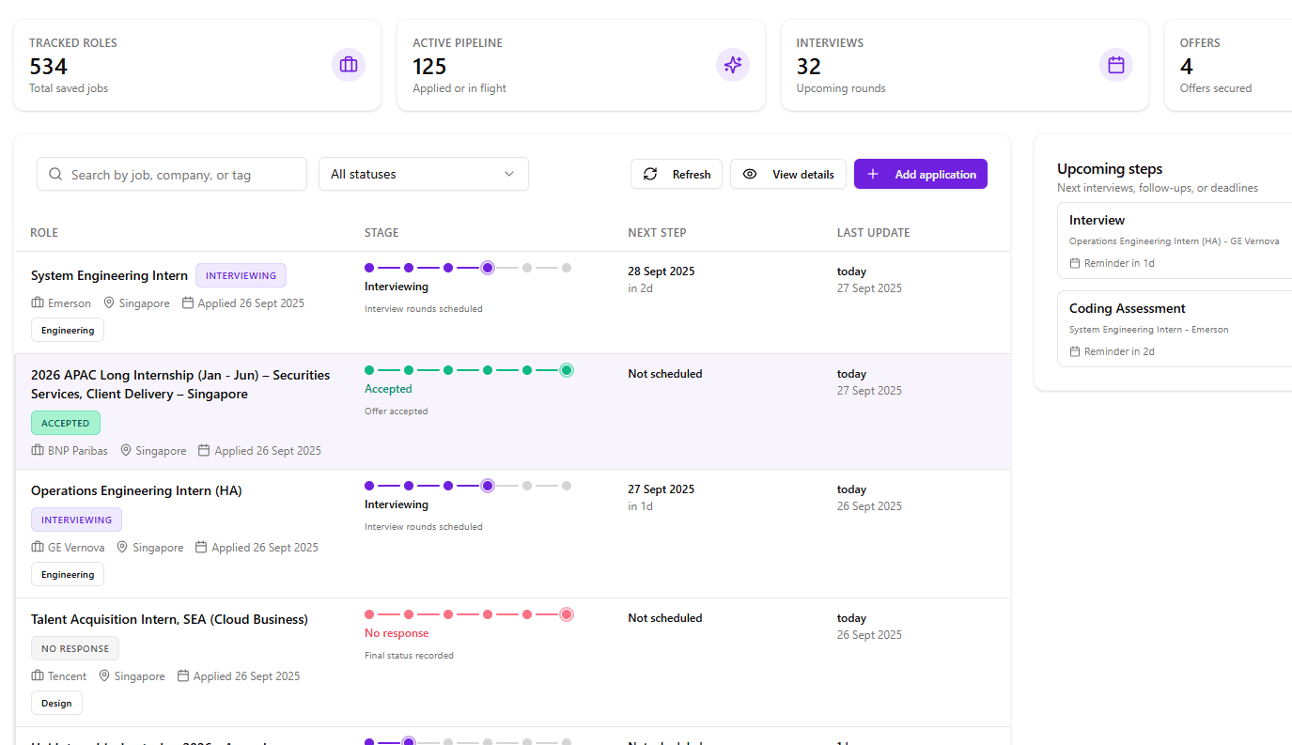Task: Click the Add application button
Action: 920,174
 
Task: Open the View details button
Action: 787,174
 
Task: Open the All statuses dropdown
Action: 423,174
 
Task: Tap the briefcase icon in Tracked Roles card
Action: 349,65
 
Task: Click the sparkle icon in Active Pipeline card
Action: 732,65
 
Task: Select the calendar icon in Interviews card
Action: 1115,65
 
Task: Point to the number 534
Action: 49,67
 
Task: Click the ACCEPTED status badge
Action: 66,423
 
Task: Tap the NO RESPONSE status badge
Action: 75,648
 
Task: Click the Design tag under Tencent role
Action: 56,703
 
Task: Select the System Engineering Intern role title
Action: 109,275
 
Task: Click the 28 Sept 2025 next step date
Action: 661,272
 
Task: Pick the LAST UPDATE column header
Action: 873,233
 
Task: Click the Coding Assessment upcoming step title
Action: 1127,308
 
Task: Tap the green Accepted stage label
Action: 388,389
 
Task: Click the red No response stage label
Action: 397,633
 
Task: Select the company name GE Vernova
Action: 76,548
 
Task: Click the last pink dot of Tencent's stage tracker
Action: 567,614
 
